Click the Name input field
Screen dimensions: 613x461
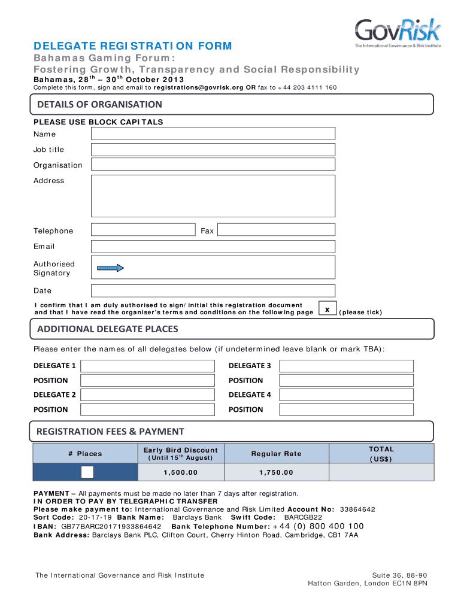[x=213, y=133]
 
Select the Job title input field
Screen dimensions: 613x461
[x=213, y=149]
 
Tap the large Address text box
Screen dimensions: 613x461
[x=213, y=195]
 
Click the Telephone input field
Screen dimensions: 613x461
[x=143, y=230]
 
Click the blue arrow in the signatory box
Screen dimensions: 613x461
[x=111, y=268]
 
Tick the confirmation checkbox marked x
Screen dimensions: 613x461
[x=327, y=309]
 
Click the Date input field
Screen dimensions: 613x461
[x=213, y=291]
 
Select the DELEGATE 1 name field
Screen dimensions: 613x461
[x=147, y=366]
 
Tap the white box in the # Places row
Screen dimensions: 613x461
[x=87, y=472]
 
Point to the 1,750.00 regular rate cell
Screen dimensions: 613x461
[x=276, y=472]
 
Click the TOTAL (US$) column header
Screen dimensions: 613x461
[x=381, y=454]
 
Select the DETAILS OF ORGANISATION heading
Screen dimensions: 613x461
[x=99, y=105]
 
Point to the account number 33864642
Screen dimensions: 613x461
[x=357, y=509]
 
